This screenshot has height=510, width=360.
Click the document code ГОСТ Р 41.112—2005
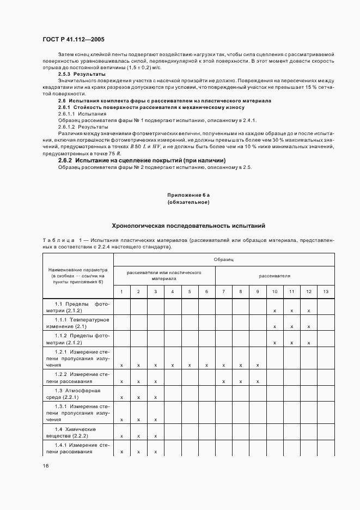[74, 39]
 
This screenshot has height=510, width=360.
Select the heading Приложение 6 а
[188, 195]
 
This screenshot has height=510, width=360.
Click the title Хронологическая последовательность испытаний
[188, 225]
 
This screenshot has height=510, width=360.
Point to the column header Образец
[223, 259]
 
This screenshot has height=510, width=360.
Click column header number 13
[326, 292]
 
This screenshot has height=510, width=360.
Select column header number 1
[121, 292]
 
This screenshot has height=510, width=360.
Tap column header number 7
[223, 292]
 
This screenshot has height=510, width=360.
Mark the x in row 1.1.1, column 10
[274, 326]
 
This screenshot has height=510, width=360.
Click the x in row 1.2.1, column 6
[206, 365]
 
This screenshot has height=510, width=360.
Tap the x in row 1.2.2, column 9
[257, 381]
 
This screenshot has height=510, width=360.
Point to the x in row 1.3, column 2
[138, 397]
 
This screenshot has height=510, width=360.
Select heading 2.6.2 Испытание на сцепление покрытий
[142, 160]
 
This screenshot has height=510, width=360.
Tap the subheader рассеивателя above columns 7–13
[274, 276]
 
